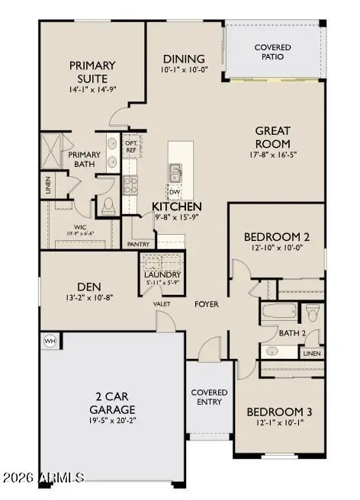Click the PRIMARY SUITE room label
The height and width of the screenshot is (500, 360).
coord(92,72)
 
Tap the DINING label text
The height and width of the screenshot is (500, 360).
coord(184,59)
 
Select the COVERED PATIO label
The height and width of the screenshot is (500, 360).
coord(272,52)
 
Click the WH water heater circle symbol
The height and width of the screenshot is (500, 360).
coord(50,341)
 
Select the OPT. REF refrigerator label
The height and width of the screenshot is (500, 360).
coord(130,146)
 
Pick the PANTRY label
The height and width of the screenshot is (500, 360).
coord(138,245)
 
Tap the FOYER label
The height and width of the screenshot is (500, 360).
coord(206,304)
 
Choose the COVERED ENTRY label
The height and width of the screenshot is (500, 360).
coord(209,397)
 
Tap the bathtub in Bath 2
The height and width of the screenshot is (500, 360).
coord(278,312)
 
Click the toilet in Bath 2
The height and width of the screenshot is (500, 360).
coord(312,312)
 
